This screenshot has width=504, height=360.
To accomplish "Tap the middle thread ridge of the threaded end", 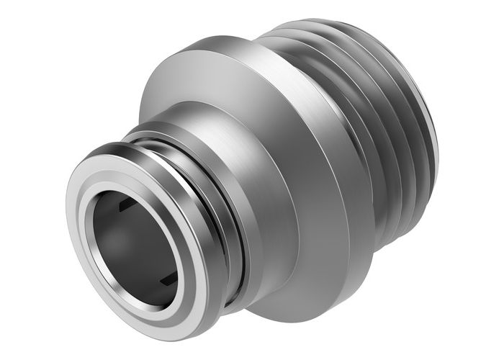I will coord(392,137).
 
